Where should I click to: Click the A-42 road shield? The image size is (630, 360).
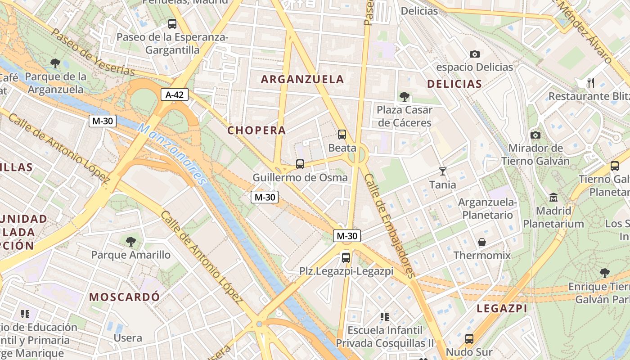[x=175, y=94]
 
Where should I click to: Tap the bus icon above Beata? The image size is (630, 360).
[x=342, y=134]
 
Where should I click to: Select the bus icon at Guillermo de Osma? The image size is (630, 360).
[x=300, y=164]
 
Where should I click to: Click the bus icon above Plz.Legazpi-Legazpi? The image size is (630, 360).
[x=346, y=257]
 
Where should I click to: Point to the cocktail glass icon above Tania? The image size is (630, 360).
[x=443, y=171]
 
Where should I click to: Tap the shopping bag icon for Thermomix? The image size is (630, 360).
[x=482, y=242]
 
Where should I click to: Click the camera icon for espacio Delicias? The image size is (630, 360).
[x=475, y=54]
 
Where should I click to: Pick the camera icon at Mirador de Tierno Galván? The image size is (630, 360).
[x=535, y=135]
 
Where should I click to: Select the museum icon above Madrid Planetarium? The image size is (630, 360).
[x=553, y=197]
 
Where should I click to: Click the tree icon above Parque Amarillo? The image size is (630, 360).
[x=131, y=242]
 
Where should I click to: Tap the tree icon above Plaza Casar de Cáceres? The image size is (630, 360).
[x=404, y=96]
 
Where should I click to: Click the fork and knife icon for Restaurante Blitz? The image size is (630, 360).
[x=591, y=83]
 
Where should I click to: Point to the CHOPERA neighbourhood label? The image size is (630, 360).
[x=256, y=130]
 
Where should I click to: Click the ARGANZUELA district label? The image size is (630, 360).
[x=302, y=80]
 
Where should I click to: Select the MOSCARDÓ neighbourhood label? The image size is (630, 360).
[x=124, y=297]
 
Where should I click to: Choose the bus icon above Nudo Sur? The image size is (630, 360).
[x=469, y=338]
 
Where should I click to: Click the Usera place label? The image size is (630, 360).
[x=128, y=338]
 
